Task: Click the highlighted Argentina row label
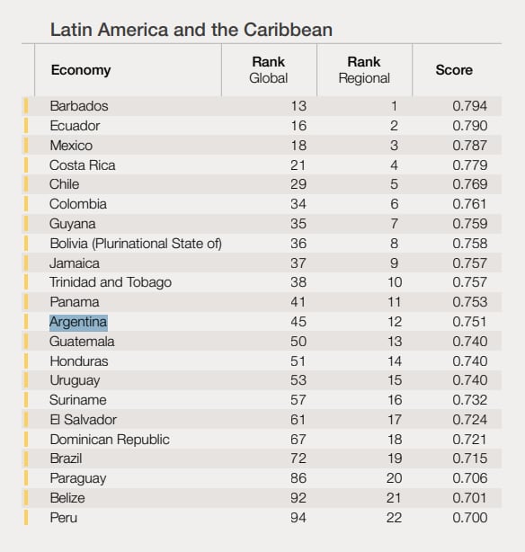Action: pyautogui.click(x=78, y=322)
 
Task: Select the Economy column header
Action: pyautogui.click(x=81, y=70)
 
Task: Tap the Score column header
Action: pyautogui.click(x=454, y=70)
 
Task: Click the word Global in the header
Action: pyautogui.click(x=268, y=78)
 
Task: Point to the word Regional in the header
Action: pyautogui.click(x=364, y=78)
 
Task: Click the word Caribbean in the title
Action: pyautogui.click(x=288, y=30)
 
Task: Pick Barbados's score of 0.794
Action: pyautogui.click(x=470, y=106)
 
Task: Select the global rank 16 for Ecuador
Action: pyautogui.click(x=298, y=126)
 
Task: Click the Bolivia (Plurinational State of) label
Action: pyautogui.click(x=136, y=244)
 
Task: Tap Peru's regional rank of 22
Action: pyautogui.click(x=394, y=518)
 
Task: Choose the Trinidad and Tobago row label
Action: pyautogui.click(x=111, y=282)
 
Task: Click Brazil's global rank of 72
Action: pyautogui.click(x=298, y=459)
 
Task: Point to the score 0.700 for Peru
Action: pyautogui.click(x=470, y=518)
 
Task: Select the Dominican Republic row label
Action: pyautogui.click(x=110, y=440)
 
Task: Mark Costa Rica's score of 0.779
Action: pyautogui.click(x=470, y=165)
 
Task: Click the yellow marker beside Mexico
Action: pyautogui.click(x=26, y=146)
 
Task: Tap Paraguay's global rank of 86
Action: pyautogui.click(x=298, y=478)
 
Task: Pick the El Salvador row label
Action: pyautogui.click(x=83, y=420)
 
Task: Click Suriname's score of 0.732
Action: pyautogui.click(x=470, y=400)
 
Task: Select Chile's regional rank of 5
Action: pyautogui.click(x=394, y=184)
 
